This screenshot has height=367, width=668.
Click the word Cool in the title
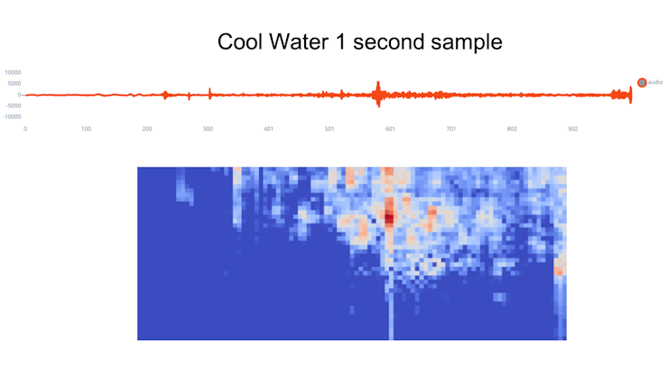(x=241, y=41)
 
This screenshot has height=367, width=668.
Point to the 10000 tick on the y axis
(x=13, y=72)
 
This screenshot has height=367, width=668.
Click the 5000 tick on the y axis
(x=14, y=83)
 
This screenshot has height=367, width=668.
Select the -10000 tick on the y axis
(x=12, y=116)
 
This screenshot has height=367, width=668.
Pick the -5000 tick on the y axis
(x=13, y=106)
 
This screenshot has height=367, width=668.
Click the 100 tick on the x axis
(x=86, y=130)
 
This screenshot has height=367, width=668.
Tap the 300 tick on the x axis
(x=208, y=130)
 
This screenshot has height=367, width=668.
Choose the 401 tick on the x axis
(x=268, y=130)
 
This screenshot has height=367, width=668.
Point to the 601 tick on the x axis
(x=390, y=130)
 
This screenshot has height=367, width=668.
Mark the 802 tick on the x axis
(x=512, y=130)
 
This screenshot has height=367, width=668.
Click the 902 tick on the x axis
(x=572, y=130)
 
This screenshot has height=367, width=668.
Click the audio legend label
(x=656, y=82)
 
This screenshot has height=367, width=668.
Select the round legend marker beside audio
(x=642, y=82)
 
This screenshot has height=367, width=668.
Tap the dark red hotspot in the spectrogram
(x=389, y=217)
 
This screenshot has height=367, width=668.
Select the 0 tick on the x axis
(x=25, y=130)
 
